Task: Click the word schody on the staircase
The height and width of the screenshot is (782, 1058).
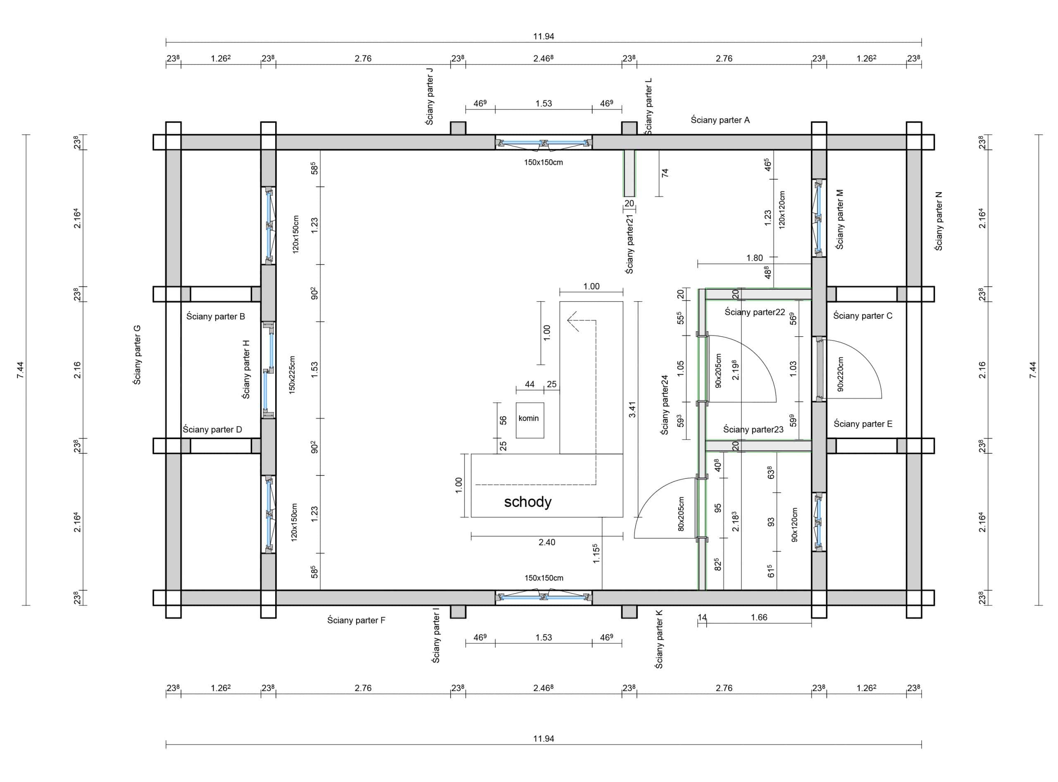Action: pyautogui.click(x=528, y=502)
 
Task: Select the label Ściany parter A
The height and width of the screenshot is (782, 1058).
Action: pyautogui.click(x=720, y=120)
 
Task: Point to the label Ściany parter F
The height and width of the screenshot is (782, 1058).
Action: pyautogui.click(x=356, y=620)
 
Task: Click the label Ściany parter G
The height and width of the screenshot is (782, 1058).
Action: pyautogui.click(x=137, y=355)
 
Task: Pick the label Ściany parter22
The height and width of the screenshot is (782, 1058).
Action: pyautogui.click(x=754, y=312)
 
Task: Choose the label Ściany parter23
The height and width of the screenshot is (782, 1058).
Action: pyautogui.click(x=753, y=429)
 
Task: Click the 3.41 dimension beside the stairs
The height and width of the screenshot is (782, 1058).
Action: pyautogui.click(x=632, y=409)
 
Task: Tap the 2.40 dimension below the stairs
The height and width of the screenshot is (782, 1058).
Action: pyautogui.click(x=546, y=542)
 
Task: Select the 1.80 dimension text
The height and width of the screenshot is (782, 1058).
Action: pyautogui.click(x=754, y=258)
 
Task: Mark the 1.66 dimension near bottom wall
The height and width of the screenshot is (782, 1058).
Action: pyautogui.click(x=759, y=617)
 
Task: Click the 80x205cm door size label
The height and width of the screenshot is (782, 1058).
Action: pyautogui.click(x=681, y=513)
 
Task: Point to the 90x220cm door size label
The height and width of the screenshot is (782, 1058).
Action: pyautogui.click(x=840, y=374)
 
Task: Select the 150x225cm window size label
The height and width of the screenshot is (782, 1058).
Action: pyautogui.click(x=292, y=375)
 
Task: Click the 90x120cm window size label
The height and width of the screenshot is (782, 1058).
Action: pyautogui.click(x=794, y=525)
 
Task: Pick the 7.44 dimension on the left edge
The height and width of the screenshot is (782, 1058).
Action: pyautogui.click(x=20, y=370)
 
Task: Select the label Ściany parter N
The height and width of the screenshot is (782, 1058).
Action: pyautogui.click(x=938, y=221)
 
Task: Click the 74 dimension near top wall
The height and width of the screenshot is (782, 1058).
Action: pyautogui.click(x=665, y=173)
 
